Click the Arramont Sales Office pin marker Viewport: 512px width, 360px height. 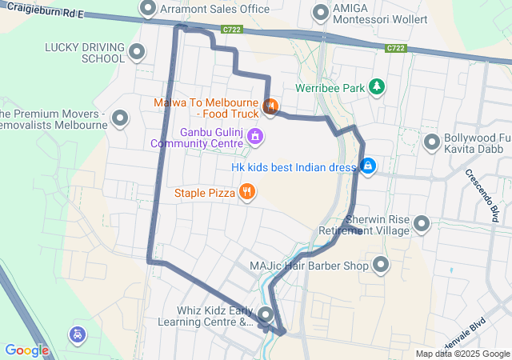click(x=147, y=9)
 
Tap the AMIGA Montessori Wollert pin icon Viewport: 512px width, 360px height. click(x=322, y=13)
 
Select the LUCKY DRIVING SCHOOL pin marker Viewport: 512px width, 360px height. click(x=137, y=53)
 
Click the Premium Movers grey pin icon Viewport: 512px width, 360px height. click(x=121, y=119)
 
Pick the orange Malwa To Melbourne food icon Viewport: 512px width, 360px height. click(x=270, y=105)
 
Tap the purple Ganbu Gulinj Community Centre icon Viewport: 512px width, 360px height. click(x=254, y=136)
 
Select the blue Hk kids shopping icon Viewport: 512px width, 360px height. click(x=368, y=166)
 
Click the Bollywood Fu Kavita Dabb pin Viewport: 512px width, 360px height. click(x=432, y=142)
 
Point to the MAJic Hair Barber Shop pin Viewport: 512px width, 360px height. click(x=380, y=265)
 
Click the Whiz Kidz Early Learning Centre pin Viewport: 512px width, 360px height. click(x=265, y=315)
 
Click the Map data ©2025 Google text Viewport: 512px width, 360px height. click(x=462, y=354)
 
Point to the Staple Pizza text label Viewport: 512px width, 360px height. click(x=205, y=193)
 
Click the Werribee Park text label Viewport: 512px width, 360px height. click(x=330, y=86)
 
